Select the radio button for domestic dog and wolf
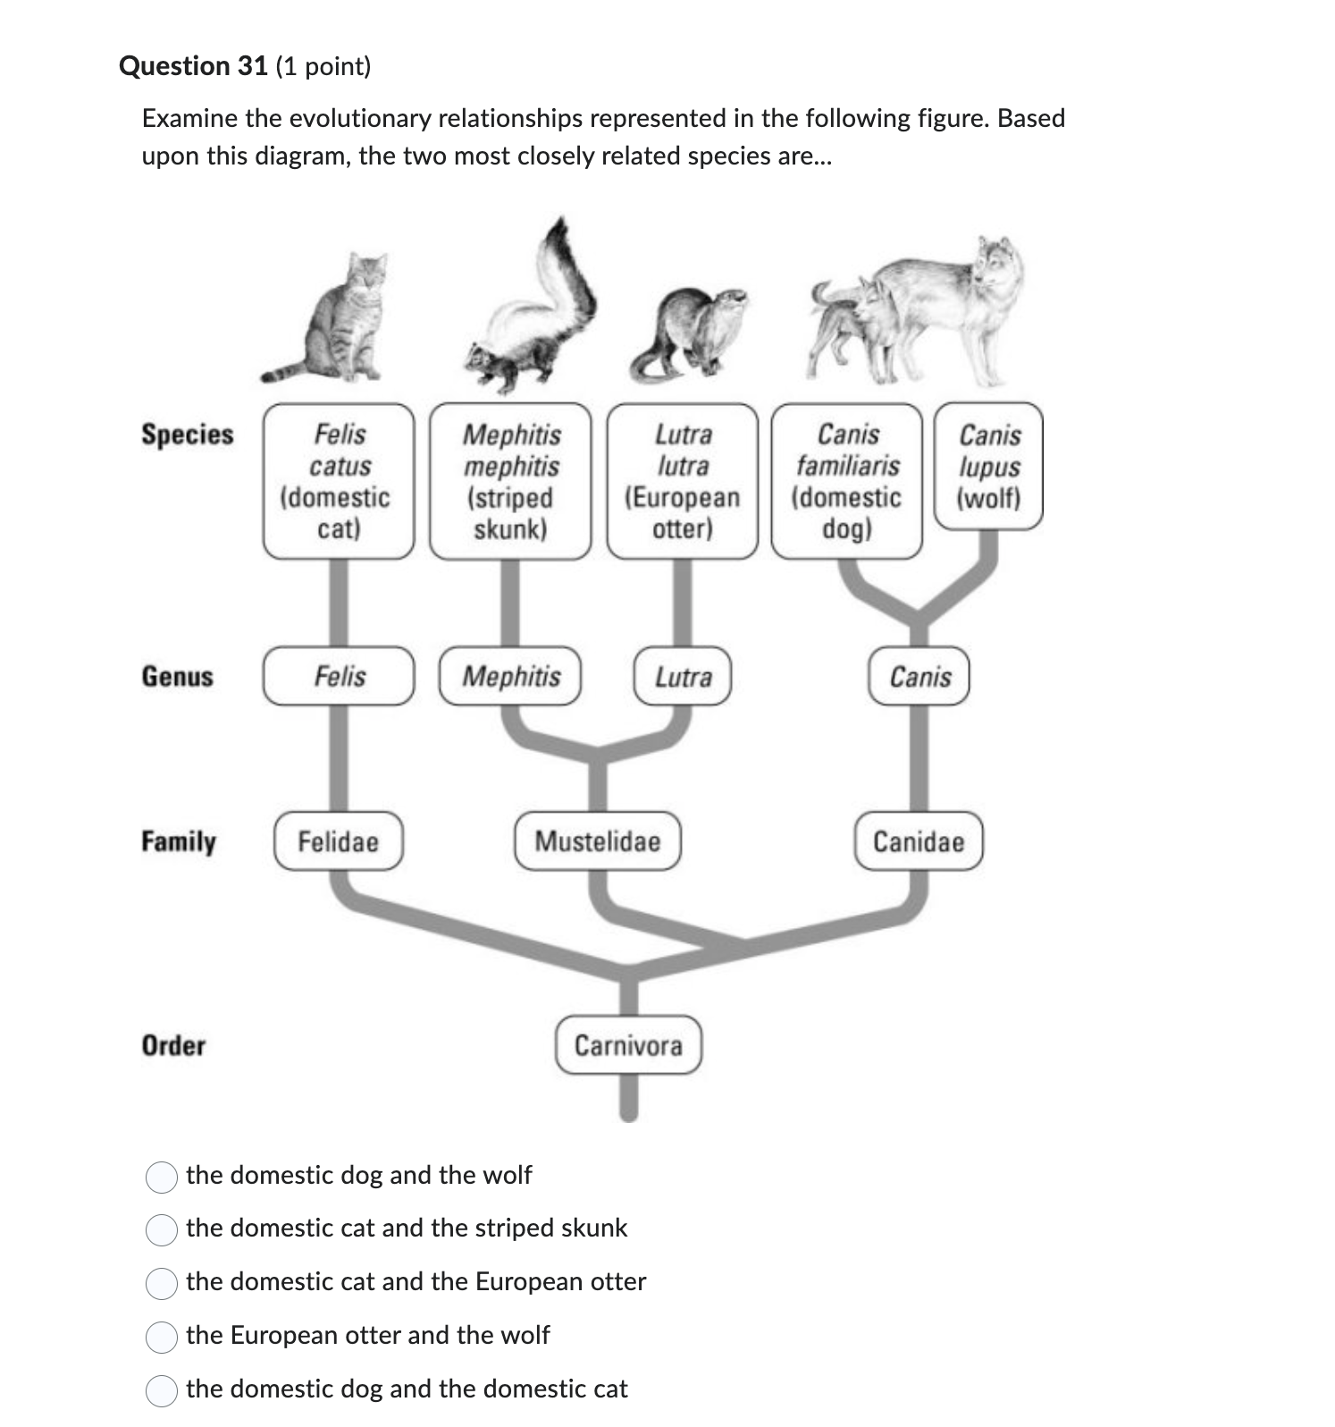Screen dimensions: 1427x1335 coord(162,1178)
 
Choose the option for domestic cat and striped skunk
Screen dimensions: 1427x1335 coord(162,1230)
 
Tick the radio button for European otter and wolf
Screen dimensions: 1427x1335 coord(162,1338)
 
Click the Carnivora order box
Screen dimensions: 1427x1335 coord(628,1045)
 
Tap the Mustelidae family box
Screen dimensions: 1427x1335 coord(597,841)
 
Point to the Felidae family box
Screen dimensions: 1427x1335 coord(338,841)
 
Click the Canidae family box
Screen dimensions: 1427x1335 coord(919,841)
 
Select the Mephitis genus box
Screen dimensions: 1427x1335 coord(510,677)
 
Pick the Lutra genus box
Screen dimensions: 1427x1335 coord(683,677)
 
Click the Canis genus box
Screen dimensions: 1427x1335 coord(919,677)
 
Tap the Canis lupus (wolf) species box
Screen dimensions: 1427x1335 coord(988,467)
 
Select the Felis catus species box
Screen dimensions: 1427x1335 coord(339,481)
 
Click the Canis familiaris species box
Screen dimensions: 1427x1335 coord(847,481)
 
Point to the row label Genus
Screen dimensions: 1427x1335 coord(177,677)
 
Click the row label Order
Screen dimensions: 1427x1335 coord(173,1045)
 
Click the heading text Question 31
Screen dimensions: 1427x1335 coord(193,66)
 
